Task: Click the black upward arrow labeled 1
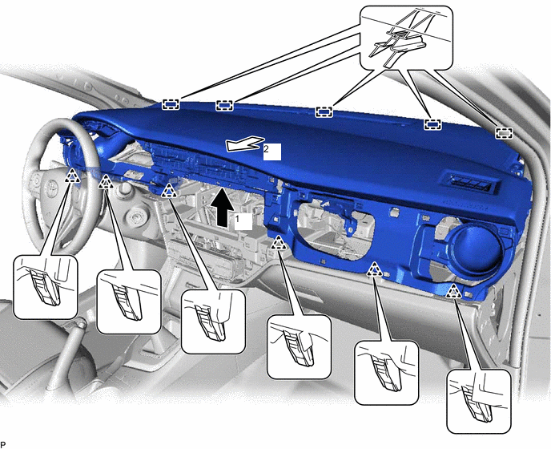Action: click(x=221, y=208)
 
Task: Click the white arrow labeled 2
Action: click(x=245, y=144)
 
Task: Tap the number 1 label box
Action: click(x=243, y=221)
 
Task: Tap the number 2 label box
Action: click(x=272, y=152)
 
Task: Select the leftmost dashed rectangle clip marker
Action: click(x=171, y=104)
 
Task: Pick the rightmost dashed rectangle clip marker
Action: click(x=504, y=133)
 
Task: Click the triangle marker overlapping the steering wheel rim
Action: click(x=72, y=176)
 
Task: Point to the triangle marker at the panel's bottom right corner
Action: click(x=453, y=291)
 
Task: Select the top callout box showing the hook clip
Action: click(x=407, y=38)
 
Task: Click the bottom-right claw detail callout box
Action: click(x=479, y=401)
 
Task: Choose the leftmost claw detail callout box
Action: click(x=46, y=287)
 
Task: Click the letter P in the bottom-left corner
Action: click(x=3, y=445)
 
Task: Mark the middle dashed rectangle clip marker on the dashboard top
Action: click(x=324, y=112)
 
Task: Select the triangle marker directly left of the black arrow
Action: click(x=170, y=190)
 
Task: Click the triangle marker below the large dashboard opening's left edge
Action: click(x=279, y=243)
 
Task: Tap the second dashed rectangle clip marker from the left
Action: click(x=224, y=105)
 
